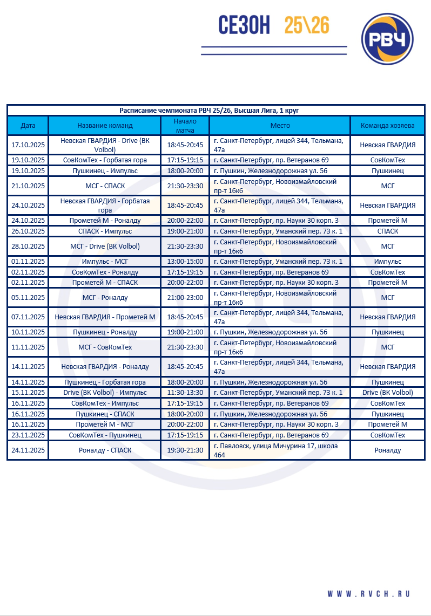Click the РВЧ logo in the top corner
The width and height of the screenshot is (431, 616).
point(387,39)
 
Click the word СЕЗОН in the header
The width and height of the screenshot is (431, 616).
point(244,25)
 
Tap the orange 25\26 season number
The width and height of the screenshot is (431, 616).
point(307,25)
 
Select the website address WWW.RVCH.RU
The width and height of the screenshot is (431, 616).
point(368,594)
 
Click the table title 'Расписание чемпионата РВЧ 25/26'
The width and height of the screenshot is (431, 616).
point(216,110)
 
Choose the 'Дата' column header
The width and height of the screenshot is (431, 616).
point(28,126)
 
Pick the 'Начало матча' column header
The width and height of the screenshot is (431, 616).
point(185,126)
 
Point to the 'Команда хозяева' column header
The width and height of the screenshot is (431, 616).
point(387,126)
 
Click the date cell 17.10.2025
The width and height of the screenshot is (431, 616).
point(28,145)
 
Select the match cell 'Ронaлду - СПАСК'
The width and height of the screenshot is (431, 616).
point(105,450)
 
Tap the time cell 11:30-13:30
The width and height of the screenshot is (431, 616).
point(185,393)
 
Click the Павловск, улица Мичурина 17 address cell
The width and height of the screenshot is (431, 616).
point(279,450)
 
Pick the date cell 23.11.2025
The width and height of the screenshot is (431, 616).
point(28,435)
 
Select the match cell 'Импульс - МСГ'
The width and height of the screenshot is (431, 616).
point(105,261)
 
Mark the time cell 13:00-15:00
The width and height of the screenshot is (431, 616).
point(185,261)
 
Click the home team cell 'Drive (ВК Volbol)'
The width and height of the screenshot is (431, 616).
point(387,393)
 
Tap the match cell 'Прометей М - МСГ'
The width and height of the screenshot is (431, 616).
point(105,424)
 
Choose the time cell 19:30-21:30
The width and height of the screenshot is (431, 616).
point(185,450)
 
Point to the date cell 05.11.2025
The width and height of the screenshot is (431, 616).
point(28,298)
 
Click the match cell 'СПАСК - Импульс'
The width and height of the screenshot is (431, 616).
point(105,231)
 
